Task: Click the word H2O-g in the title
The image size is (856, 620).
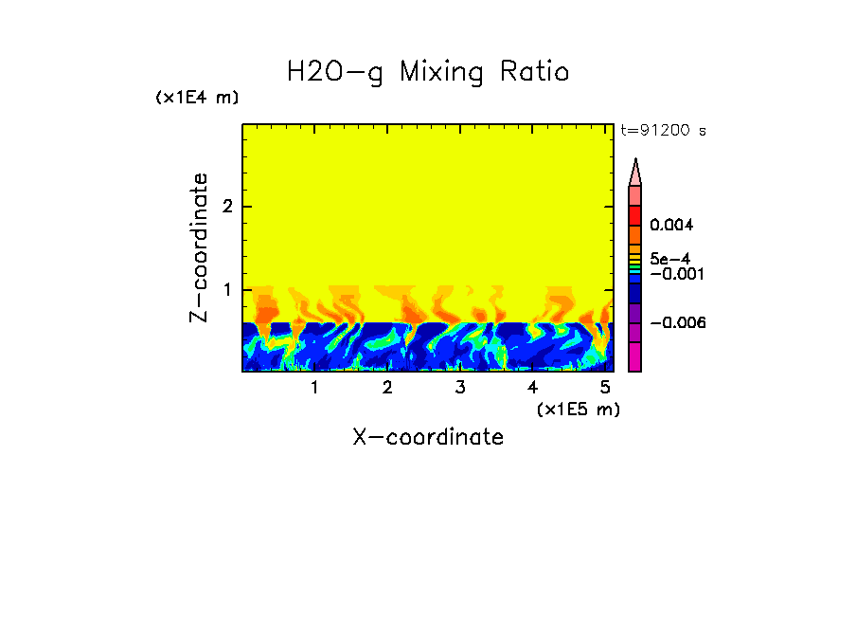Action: pos(335,72)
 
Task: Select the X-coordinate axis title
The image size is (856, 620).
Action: pos(428,437)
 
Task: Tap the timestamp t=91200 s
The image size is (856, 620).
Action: pos(663,131)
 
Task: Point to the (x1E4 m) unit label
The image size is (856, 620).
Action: pos(197,98)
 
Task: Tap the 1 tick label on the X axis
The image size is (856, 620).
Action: pos(314,388)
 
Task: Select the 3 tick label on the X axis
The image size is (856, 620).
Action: pos(459,388)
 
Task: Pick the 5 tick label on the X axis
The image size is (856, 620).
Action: pos(605,388)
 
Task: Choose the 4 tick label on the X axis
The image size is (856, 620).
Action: pos(532,388)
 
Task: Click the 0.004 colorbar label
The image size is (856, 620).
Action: pos(672,226)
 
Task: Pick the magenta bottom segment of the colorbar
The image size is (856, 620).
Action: pos(635,356)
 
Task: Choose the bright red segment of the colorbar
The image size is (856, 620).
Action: pos(635,215)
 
